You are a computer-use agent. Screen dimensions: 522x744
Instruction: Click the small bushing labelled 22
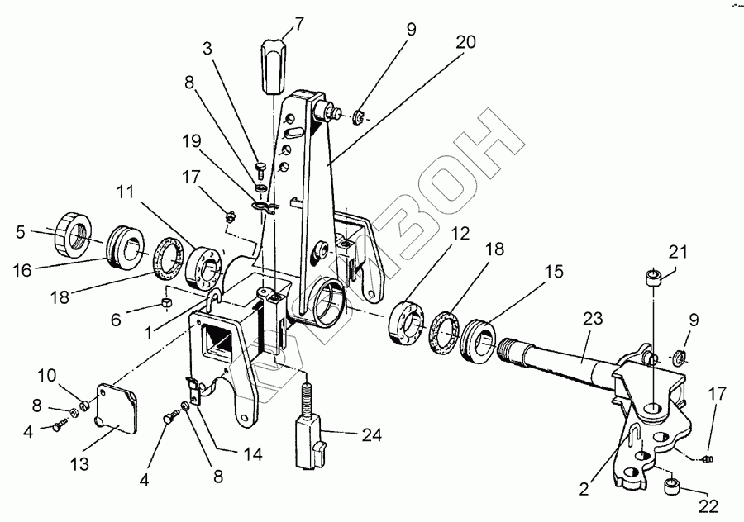click(673, 486)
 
